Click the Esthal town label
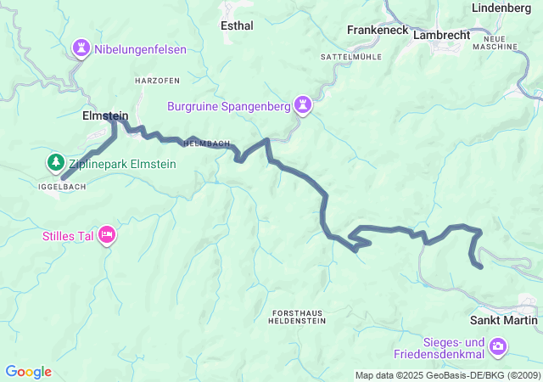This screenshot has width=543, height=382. click(237, 25)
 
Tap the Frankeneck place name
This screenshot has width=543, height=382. click(378, 30)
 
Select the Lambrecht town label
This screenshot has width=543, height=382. click(441, 36)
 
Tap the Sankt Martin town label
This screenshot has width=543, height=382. click(504, 320)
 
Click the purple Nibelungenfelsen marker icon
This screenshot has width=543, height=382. click(81, 48)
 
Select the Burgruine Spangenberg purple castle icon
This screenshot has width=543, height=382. click(303, 105)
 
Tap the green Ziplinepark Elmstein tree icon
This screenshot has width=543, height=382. click(55, 161)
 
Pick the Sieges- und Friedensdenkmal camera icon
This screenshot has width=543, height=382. click(499, 346)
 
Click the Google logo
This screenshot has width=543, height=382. click(28, 372)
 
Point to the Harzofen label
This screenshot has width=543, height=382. click(156, 80)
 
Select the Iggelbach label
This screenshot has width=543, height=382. click(59, 184)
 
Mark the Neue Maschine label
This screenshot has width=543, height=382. click(500, 43)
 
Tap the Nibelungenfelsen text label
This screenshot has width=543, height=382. click(140, 49)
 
